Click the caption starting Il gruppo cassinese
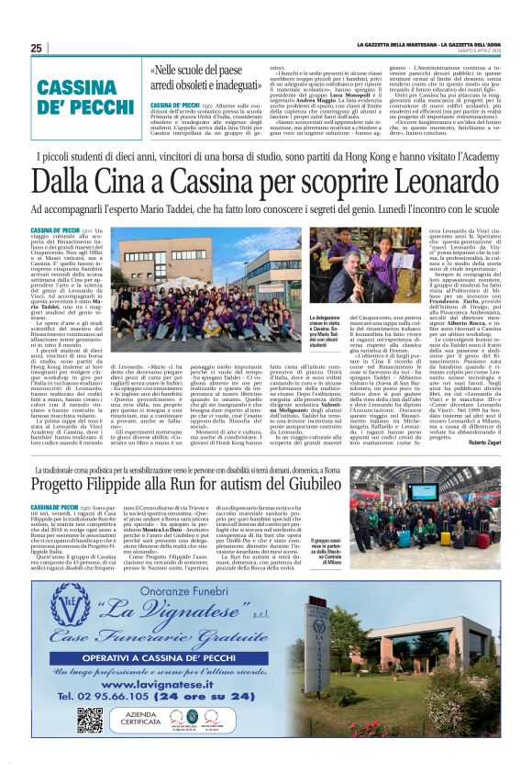pyautogui.click(x=355, y=549)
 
